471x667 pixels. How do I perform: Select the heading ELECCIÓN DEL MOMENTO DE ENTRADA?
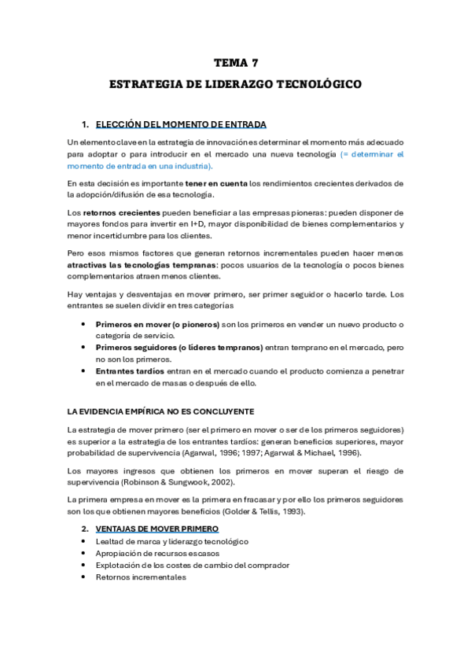point(181,124)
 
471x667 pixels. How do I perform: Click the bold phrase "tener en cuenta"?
point(215,183)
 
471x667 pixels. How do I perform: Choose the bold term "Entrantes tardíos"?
point(130,370)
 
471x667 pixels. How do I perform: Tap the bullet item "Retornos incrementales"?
point(141,577)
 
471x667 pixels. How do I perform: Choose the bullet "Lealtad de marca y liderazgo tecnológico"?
point(171,541)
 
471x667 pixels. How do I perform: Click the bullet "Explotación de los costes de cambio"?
point(193,565)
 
